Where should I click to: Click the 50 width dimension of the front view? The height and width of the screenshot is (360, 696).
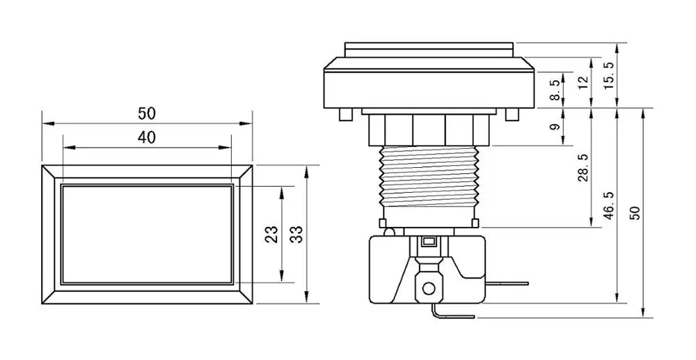(x=147, y=112)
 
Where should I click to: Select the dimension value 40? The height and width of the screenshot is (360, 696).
(x=146, y=137)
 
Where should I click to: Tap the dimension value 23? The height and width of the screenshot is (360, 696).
(x=272, y=234)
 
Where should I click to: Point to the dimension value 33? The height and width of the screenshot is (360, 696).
(x=296, y=234)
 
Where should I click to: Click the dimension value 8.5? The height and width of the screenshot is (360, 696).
(x=555, y=90)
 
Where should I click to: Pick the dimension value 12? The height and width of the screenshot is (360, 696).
(x=583, y=79)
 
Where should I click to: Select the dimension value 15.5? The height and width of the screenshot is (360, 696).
(x=609, y=75)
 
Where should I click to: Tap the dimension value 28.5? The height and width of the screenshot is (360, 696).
(x=583, y=168)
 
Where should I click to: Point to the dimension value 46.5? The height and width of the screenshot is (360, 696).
(x=609, y=207)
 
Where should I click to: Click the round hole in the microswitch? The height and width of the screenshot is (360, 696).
(x=429, y=287)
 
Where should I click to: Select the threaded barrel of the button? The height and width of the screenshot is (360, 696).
(x=429, y=178)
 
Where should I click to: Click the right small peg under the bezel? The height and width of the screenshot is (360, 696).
(x=514, y=114)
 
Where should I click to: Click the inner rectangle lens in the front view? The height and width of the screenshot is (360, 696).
(x=147, y=234)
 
